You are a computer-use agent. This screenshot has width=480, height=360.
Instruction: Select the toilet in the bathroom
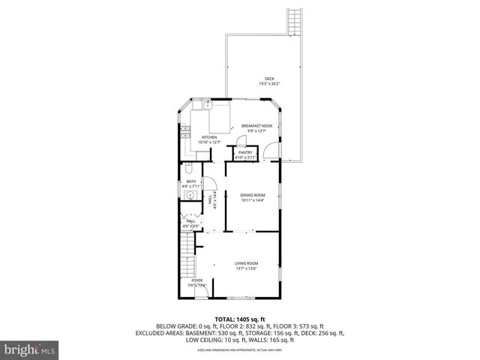click(x=189, y=169)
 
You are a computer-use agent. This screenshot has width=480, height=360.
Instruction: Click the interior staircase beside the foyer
click(x=187, y=255)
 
